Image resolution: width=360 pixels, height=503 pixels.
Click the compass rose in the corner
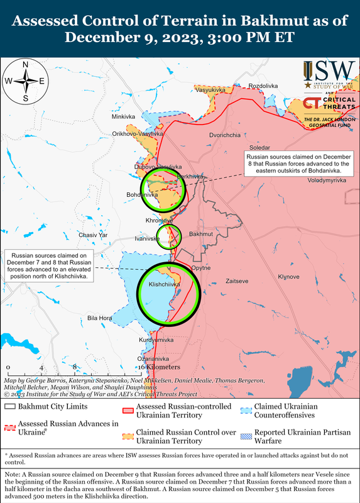25,81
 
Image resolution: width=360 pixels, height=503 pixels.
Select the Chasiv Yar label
93,235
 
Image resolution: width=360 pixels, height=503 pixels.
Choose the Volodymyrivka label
327,180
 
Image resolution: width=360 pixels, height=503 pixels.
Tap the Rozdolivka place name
263,86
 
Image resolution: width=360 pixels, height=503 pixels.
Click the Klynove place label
289,277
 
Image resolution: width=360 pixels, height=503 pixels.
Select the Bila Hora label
99,318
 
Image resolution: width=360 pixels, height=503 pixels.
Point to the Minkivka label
123,117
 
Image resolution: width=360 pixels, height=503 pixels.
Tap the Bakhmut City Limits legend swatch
10,408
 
